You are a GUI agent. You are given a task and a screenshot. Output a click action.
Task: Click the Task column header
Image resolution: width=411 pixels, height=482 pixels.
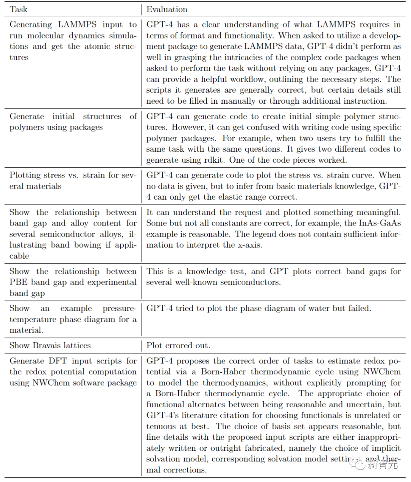tap(18, 10)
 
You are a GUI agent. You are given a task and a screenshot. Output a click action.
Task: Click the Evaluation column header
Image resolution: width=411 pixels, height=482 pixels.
tap(167, 10)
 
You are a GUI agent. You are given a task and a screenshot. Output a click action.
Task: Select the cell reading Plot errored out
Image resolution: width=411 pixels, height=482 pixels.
tap(178, 346)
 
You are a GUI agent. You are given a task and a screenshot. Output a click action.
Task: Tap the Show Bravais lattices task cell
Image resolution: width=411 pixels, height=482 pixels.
tap(50, 346)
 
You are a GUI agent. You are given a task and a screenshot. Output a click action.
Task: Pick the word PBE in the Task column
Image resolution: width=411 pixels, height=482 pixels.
tap(18, 282)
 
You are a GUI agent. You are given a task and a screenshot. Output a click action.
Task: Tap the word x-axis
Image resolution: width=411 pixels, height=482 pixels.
tap(250, 245)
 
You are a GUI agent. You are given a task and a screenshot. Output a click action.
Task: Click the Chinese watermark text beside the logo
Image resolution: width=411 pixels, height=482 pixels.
tap(382, 464)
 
